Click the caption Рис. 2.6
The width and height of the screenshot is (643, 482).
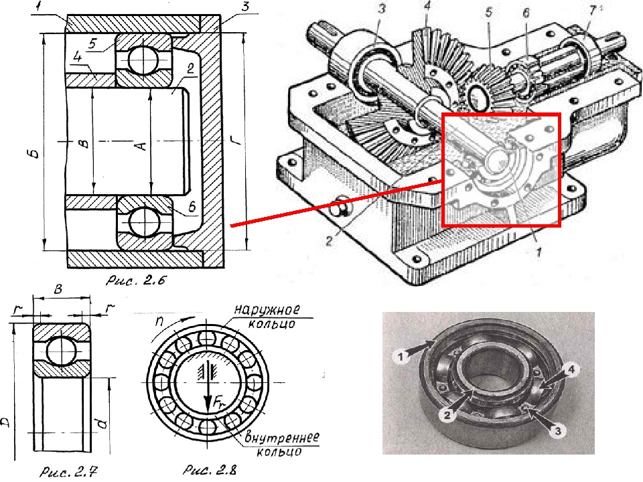pyautogui.click(x=136, y=280)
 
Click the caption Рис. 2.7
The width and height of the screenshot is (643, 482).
pyautogui.click(x=68, y=472)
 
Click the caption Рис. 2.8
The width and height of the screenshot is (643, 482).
pyautogui.click(x=210, y=470)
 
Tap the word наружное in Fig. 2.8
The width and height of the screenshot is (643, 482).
pyautogui.click(x=267, y=309)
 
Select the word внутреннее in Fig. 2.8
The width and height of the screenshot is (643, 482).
pyautogui.click(x=282, y=437)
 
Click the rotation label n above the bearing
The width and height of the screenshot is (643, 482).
pyautogui.click(x=159, y=321)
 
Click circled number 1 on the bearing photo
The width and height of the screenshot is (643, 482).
pyautogui.click(x=401, y=357)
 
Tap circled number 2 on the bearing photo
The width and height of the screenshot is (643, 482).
pyautogui.click(x=447, y=415)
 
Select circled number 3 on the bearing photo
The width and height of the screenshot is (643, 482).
pyautogui.click(x=558, y=430)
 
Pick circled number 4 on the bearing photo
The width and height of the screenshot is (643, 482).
pyautogui.click(x=571, y=370)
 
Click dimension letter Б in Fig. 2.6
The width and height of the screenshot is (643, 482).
pyautogui.click(x=35, y=153)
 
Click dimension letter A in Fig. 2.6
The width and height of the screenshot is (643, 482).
pyautogui.click(x=141, y=145)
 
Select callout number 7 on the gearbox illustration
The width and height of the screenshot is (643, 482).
pyautogui.click(x=591, y=11)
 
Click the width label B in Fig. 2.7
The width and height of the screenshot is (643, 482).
pyautogui.click(x=58, y=289)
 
